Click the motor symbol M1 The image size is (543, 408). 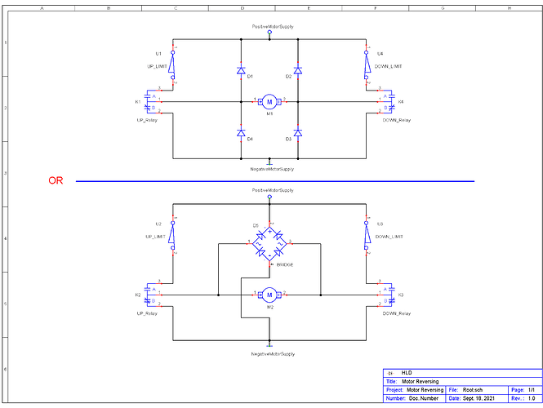coord(269,101)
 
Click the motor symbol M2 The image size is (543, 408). coord(269,294)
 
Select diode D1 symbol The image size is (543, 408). coord(241,71)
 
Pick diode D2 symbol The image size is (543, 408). coord(298,71)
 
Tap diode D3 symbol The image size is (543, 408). coord(298,132)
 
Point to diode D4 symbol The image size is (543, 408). coord(241,132)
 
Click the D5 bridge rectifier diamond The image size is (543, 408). coord(269,242)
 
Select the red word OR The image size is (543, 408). coord(56,181)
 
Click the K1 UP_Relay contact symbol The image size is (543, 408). coord(149,101)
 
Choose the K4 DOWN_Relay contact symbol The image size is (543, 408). coord(389,101)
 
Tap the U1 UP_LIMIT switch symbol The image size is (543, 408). coord(173,64)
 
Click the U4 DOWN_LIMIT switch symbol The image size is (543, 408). coord(366,64)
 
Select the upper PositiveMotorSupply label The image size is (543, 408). coord(273,27)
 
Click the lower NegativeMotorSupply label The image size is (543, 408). coord(273,354)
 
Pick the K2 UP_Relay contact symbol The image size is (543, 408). coord(149,294)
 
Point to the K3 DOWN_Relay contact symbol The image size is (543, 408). coord(389,294)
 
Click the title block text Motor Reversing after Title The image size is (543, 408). coord(421,381)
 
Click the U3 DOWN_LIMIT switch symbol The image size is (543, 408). coord(366,236)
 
